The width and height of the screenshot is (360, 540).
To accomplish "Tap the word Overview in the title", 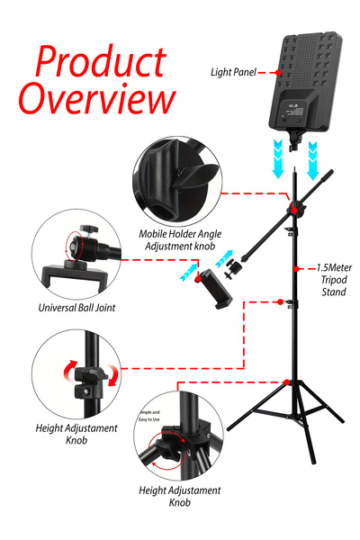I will (97, 98).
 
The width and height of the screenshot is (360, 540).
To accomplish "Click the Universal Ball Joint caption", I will (76, 308).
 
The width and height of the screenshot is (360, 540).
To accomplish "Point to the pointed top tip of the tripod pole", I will (296, 166).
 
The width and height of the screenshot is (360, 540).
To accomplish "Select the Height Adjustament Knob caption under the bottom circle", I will (179, 496).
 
